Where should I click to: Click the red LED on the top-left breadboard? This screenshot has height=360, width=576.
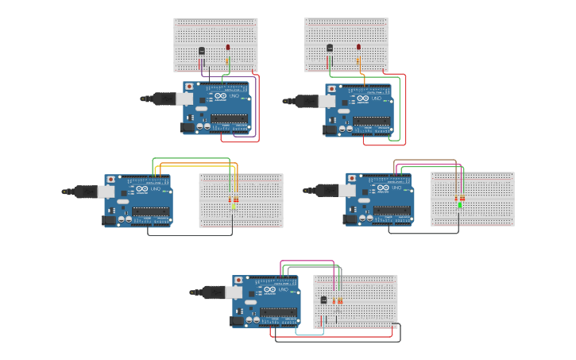coord(228,48)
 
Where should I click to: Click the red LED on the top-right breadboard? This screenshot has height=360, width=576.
coord(358,47)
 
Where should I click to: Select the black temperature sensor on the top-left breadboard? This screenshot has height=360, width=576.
coord(201,51)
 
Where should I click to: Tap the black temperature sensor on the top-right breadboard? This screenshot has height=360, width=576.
coord(330,48)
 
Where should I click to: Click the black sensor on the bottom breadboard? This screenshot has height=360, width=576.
coord(323,300)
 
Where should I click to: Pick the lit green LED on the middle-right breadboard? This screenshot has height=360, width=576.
coord(460,205)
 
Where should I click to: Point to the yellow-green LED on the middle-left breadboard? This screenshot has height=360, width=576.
coord(233,206)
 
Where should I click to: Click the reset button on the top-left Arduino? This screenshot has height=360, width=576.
coord(189,85)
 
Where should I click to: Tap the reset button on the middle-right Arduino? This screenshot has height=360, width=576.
coord(352,177)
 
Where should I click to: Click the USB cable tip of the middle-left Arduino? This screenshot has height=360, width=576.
coord(64,192)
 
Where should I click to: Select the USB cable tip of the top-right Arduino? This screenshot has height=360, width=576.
coord(286,101)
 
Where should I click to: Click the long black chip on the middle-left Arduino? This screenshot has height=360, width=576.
coord(151,211)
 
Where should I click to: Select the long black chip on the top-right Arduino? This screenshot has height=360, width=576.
coord(371,121)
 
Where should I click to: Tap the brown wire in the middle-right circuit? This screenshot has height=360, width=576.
coord(425,160)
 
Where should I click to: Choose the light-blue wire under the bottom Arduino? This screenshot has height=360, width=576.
coord(310,335)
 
